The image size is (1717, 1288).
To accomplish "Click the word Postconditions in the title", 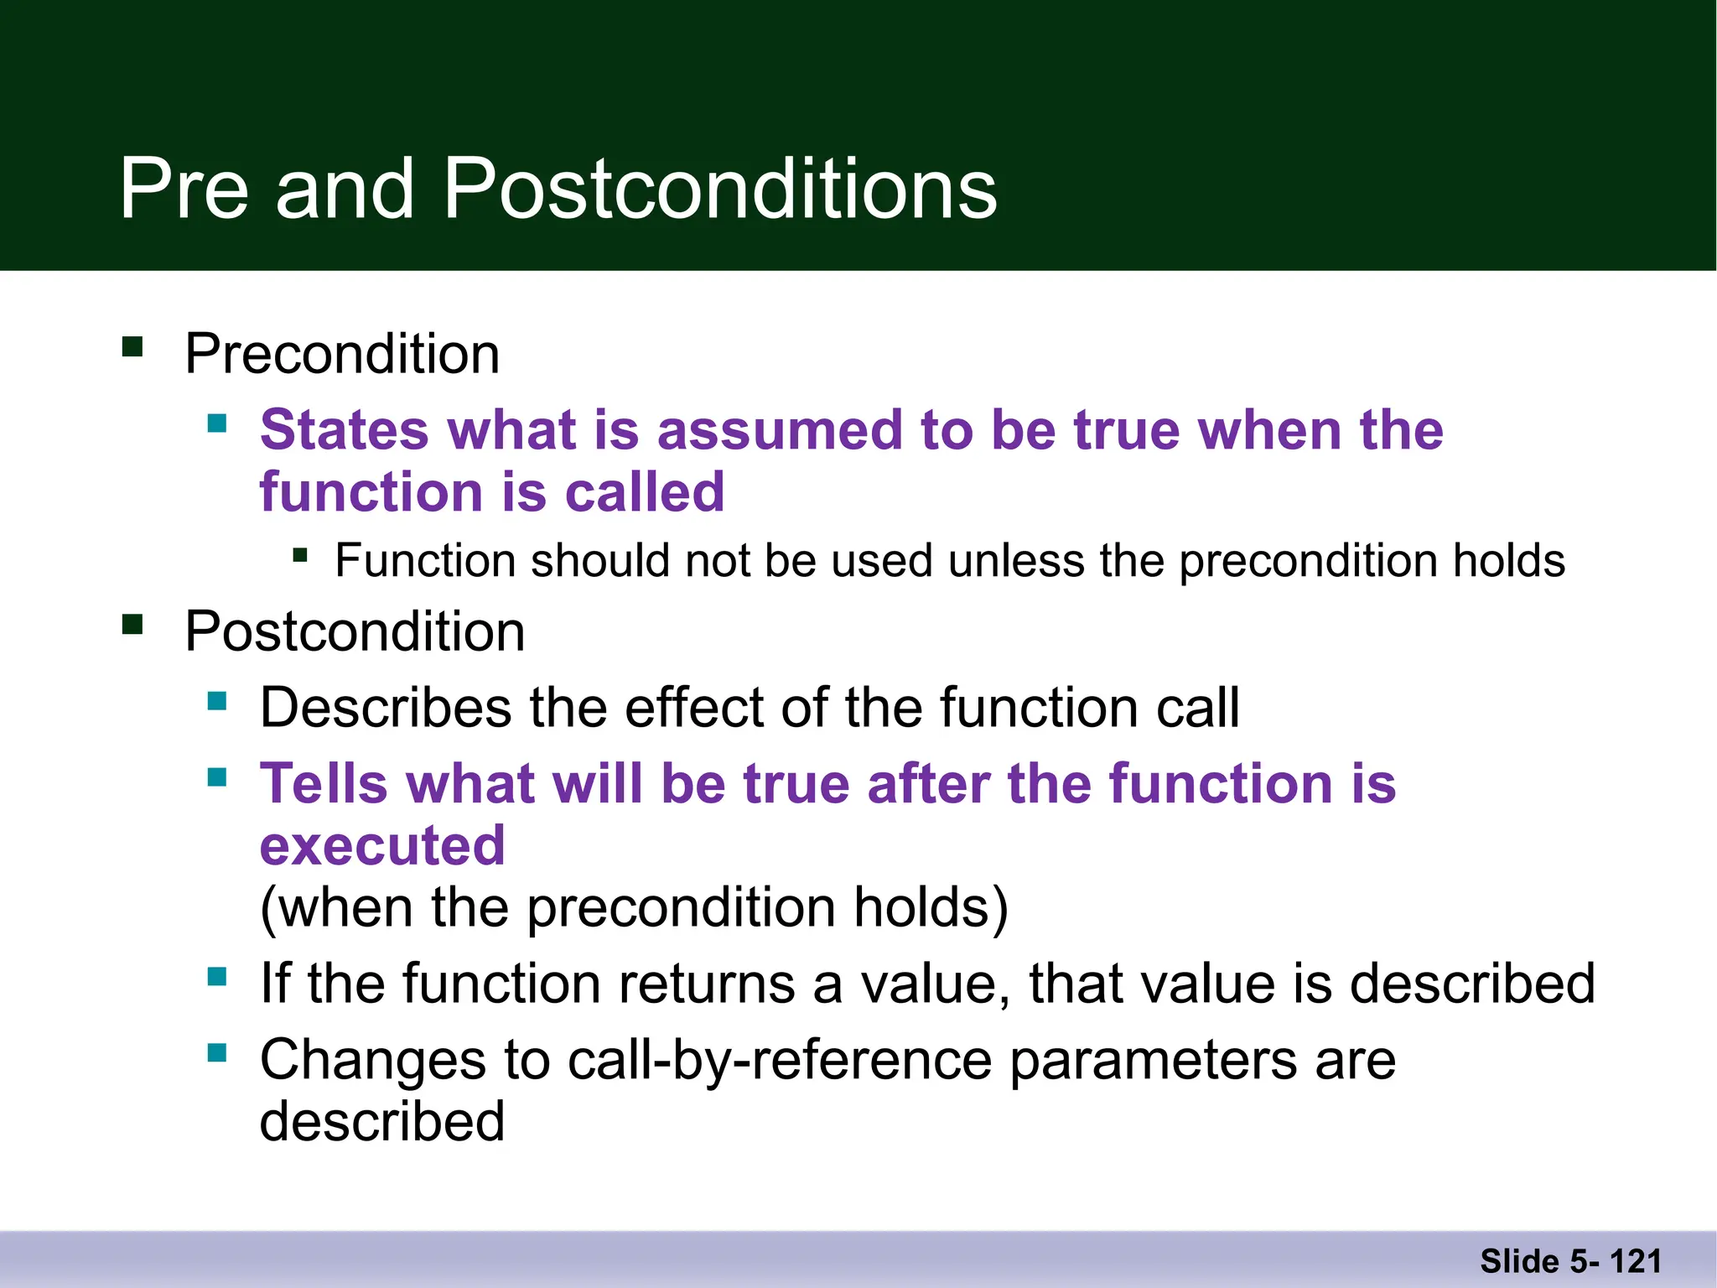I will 719,190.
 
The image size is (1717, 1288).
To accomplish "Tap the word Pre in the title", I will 184,189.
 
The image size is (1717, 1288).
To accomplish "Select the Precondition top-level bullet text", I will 342,354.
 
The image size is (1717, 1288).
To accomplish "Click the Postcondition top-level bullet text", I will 355,631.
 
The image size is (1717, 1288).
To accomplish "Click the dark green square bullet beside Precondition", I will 132,346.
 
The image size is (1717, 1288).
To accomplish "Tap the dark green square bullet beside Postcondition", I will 132,625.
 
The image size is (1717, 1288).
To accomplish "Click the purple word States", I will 345,430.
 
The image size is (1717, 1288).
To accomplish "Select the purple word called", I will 644,492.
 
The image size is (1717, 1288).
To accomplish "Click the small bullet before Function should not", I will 300,554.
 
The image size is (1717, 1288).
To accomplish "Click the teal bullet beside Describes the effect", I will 217,701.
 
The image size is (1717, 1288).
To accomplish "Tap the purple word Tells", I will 324,784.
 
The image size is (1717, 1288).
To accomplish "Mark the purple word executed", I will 382,845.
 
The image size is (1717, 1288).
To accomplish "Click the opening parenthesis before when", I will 268,909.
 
